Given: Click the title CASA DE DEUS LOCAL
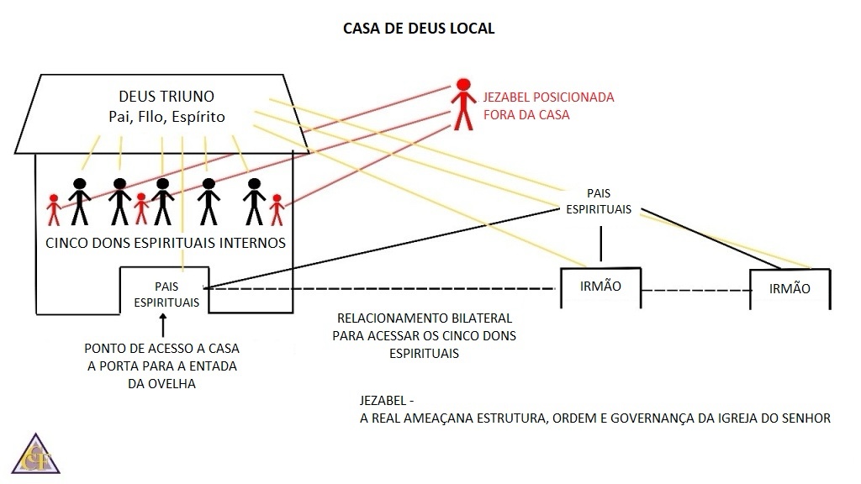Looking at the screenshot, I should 419,29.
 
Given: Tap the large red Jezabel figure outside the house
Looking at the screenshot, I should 462,103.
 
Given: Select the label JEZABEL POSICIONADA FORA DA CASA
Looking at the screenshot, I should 548,106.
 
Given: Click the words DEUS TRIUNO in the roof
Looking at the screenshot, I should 166,97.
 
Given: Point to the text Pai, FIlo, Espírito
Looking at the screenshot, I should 166,117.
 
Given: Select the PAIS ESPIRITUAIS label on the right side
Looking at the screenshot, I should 599,202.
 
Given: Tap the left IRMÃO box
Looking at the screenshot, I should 600,287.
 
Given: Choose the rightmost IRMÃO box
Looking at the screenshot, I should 790,288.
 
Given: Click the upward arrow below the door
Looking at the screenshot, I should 164,322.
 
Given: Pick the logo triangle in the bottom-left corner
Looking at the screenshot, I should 36,456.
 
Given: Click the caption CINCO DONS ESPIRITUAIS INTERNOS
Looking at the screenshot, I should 166,243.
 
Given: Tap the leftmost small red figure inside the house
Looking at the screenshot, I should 55,209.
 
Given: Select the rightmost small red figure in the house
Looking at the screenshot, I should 277,210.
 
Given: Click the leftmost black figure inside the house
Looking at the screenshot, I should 79,202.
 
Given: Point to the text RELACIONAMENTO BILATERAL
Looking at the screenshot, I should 425,319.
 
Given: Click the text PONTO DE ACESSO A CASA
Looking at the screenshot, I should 167,348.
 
